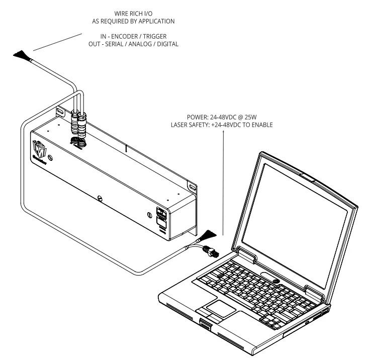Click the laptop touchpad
click(217, 308)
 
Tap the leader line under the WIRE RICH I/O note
click(58, 43)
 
